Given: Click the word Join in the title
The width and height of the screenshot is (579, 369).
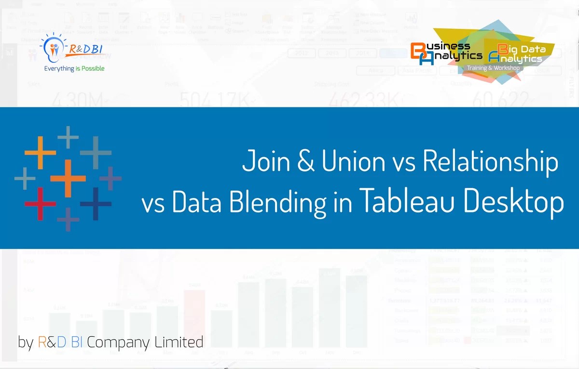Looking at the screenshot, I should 264,160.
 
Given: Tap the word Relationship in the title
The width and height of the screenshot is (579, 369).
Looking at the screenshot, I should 490,161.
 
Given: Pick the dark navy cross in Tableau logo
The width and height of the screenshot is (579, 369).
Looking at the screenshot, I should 96,203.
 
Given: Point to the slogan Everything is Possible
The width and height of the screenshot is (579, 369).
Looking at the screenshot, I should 74,69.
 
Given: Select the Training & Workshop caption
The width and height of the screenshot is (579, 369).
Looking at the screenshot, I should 493,68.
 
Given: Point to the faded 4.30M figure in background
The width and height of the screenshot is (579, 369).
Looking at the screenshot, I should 77,101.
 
